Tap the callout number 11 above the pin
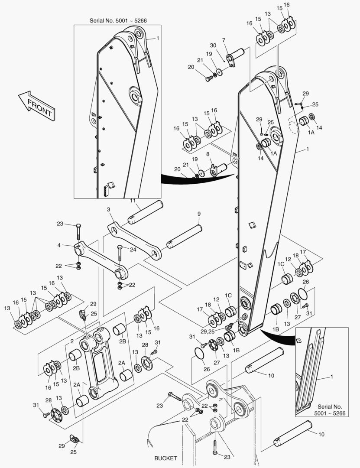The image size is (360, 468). [x=133, y=200]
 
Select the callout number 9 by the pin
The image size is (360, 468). [x=199, y=214]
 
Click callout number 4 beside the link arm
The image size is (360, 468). [x=59, y=245]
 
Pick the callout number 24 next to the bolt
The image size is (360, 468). [x=133, y=250]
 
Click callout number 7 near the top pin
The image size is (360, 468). [x=224, y=40]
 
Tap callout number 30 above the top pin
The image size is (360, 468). [x=213, y=45]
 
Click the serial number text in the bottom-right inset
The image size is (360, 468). [x=330, y=410]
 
